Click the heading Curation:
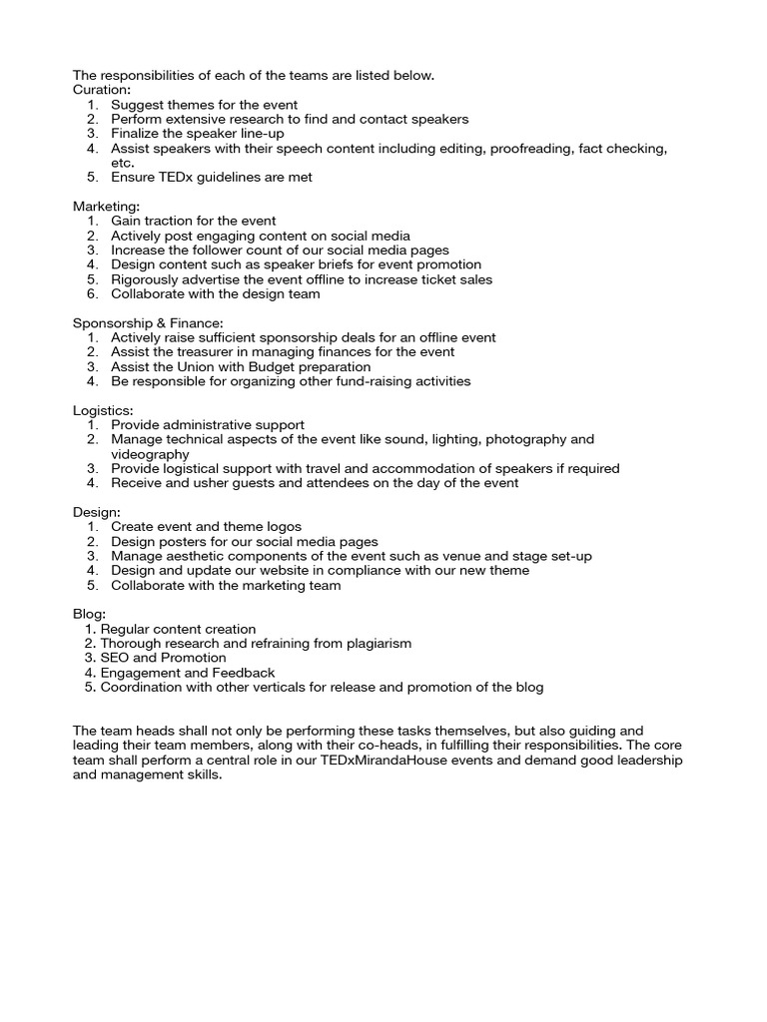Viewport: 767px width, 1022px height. point(101,90)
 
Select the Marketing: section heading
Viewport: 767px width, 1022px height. point(106,206)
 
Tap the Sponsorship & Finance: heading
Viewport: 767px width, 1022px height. point(148,322)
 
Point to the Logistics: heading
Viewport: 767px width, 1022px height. point(102,410)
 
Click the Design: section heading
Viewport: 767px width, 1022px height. point(97,512)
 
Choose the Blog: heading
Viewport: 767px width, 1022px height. point(89,614)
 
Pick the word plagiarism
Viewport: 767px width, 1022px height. point(374,644)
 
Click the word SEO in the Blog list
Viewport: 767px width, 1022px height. point(114,659)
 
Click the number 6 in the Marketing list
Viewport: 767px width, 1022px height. point(91,294)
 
